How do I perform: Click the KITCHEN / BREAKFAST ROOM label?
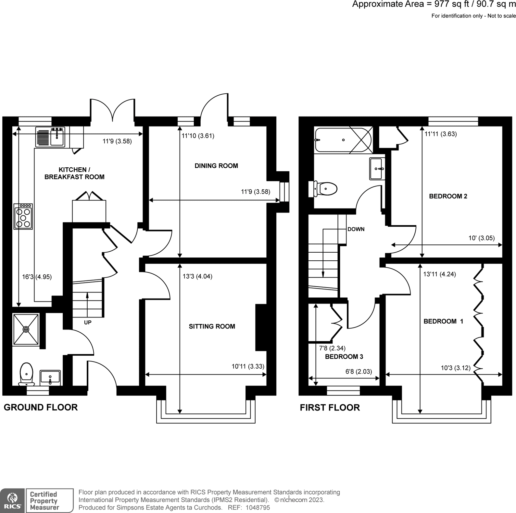tap(74, 173)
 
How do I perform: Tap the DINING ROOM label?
tap(216, 166)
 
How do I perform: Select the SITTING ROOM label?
tap(212, 326)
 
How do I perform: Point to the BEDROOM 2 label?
tap(448, 196)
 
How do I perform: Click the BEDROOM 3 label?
tap(344, 357)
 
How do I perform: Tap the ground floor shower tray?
tap(26, 329)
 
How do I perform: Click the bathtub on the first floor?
tap(343, 140)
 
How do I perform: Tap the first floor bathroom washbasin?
tap(377, 169)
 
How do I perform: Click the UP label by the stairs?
tap(88, 323)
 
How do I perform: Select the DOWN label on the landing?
tap(356, 229)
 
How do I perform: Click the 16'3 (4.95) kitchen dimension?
tap(37, 277)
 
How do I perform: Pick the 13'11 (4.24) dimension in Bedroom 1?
tap(439, 274)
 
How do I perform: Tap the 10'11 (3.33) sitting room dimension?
tap(248, 366)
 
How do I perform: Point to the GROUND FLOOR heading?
tap(41, 407)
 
